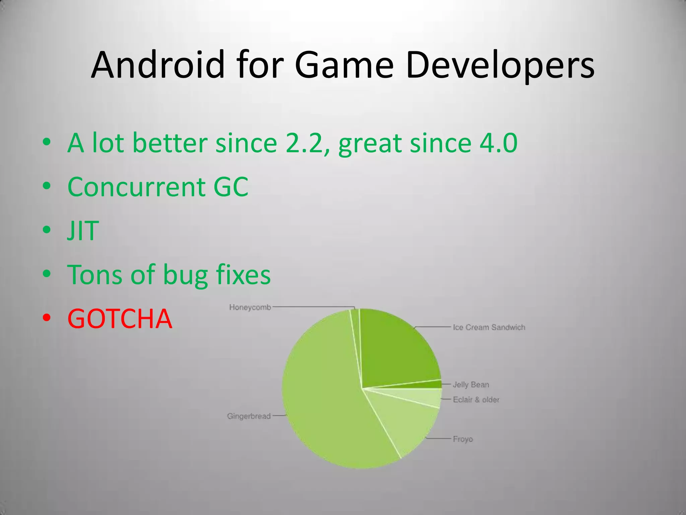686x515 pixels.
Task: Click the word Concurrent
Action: (x=136, y=187)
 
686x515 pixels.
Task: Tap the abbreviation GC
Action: (x=231, y=187)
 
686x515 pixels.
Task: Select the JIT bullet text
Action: (x=83, y=231)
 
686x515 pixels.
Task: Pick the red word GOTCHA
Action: (x=120, y=319)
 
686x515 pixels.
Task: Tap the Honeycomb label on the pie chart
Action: (x=250, y=307)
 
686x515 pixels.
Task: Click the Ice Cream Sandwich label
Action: (x=489, y=327)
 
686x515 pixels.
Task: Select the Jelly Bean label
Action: (x=471, y=385)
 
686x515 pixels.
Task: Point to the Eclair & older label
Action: (x=476, y=399)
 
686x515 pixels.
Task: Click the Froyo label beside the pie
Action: (x=463, y=439)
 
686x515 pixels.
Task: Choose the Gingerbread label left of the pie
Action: (x=249, y=416)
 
